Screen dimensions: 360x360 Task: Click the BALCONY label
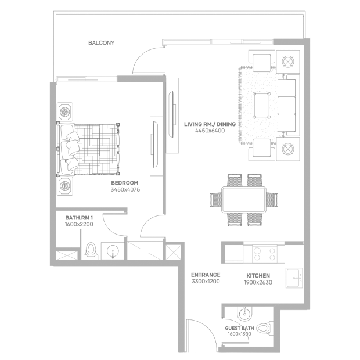click(101, 43)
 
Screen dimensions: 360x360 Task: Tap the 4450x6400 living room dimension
click(210, 131)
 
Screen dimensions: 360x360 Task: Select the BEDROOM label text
click(125, 183)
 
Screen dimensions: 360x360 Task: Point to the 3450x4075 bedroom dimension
click(125, 190)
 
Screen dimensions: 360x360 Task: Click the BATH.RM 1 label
click(79, 218)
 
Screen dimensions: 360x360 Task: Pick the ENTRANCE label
click(206, 275)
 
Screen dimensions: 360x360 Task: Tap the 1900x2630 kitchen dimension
click(258, 282)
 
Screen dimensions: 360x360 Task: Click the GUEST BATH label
click(239, 328)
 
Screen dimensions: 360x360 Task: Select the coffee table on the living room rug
click(261, 105)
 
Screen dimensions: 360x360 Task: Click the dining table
click(244, 199)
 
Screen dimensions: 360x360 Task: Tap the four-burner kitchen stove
click(265, 254)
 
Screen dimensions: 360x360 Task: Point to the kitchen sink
click(294, 278)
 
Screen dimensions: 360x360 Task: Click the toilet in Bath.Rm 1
click(91, 251)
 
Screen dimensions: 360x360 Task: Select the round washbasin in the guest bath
click(244, 314)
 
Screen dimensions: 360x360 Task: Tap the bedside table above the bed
click(65, 112)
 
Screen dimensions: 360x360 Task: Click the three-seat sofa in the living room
click(289, 105)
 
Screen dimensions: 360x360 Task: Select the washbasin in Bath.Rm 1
click(113, 251)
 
